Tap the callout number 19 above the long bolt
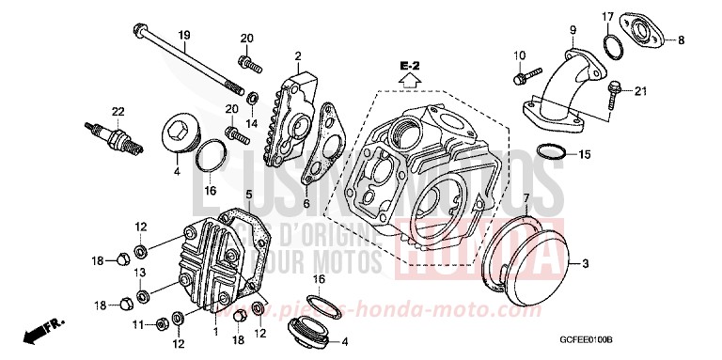pos(184,35)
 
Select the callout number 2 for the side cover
pos(297,56)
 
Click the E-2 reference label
pos(407,66)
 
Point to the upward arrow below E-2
pos(407,81)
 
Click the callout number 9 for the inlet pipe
pos(572,32)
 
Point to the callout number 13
pos(139,271)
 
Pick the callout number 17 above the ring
pos(635,17)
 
